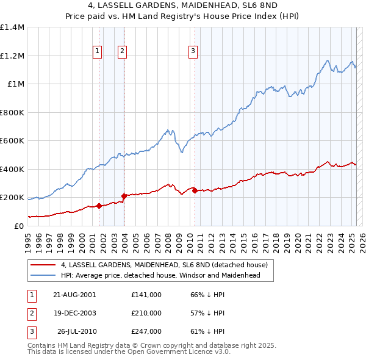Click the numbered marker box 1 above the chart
point(98,51)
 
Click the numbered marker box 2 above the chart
point(123,51)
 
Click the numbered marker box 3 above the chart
point(193,51)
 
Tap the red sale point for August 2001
point(99,206)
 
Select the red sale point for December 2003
point(124,196)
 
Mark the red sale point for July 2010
point(195,191)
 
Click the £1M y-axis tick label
point(16,84)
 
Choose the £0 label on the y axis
point(20,226)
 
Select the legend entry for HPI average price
point(160,275)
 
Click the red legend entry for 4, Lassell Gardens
point(164,265)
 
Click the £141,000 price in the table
point(146,295)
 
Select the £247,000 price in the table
point(146,331)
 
